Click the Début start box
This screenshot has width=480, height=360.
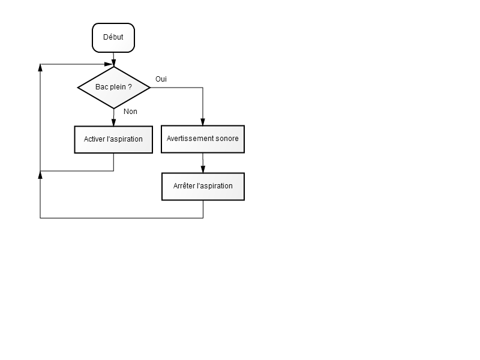113,38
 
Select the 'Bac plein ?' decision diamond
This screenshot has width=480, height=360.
114,88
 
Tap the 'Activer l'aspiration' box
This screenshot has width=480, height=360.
113,140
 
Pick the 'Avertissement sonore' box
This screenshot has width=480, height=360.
203,139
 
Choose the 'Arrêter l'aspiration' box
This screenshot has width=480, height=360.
203,187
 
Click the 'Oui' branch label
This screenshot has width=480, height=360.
161,79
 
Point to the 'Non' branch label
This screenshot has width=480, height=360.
130,112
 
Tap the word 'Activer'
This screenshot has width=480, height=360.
94,139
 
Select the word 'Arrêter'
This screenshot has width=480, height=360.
184,186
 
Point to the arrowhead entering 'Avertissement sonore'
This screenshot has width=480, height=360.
203,122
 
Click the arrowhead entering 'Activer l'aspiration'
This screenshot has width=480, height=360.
113,122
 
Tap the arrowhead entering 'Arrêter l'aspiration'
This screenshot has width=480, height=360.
203,169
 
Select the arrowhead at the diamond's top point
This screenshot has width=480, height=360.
114,63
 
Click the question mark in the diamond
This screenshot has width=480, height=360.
130,87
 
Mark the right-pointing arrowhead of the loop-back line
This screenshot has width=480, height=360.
109,64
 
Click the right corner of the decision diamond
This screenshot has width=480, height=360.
151,88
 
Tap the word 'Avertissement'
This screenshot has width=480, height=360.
190,139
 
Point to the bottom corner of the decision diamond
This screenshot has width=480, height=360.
114,109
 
